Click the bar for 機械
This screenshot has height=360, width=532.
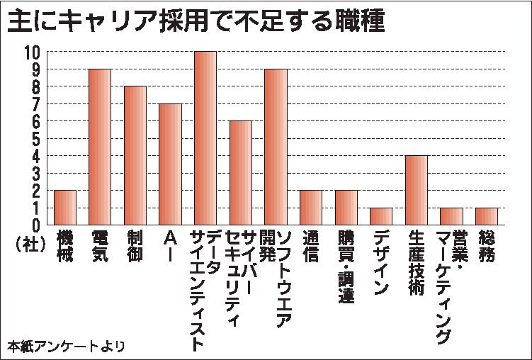65,207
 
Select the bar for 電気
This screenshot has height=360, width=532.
100,147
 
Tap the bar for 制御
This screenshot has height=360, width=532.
135,155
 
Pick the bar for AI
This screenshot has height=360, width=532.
170,164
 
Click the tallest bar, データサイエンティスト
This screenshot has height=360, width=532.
205,138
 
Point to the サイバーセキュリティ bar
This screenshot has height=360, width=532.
241,172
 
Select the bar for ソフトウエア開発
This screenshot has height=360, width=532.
276,147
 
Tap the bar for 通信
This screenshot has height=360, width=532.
311,207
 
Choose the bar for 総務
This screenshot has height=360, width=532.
487,215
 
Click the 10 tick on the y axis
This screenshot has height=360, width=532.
32,52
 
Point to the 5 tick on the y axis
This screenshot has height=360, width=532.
35,138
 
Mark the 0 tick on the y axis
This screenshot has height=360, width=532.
35,225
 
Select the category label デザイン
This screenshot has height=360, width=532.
381,262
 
